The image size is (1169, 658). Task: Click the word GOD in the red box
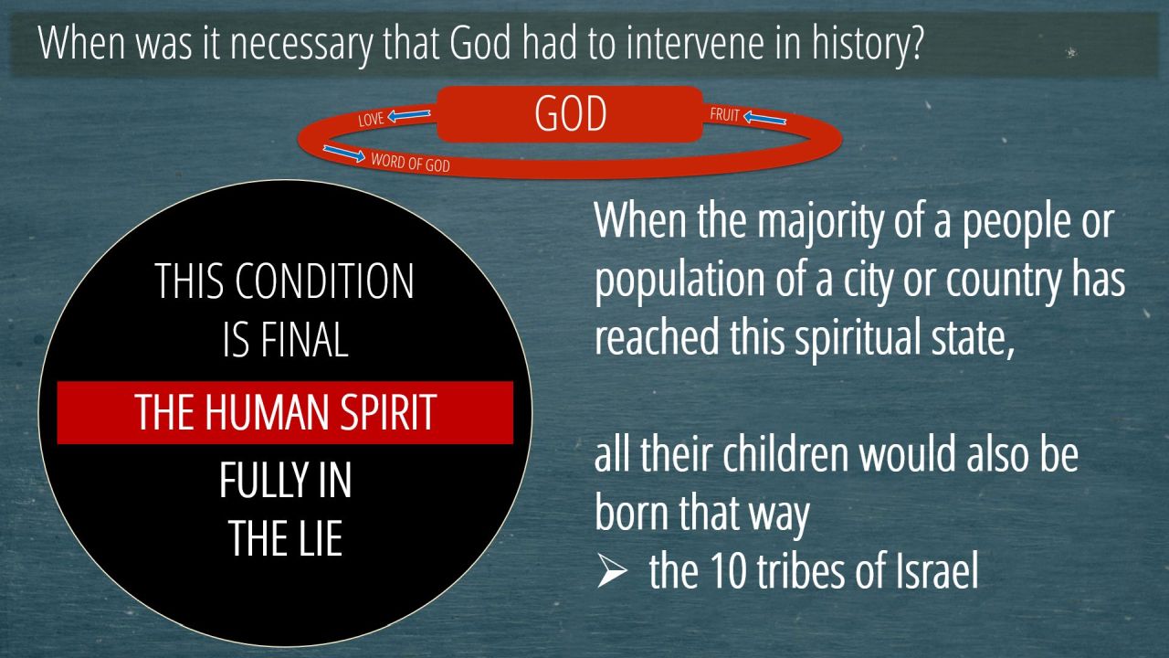click(x=571, y=113)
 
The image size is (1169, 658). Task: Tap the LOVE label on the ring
click(x=371, y=119)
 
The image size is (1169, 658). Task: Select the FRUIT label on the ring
click(x=724, y=114)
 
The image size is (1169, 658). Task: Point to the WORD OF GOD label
click(x=410, y=163)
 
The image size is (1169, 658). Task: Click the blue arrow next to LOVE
click(x=409, y=114)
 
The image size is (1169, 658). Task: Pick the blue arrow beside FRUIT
click(x=764, y=118)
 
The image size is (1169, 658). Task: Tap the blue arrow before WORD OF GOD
click(x=344, y=153)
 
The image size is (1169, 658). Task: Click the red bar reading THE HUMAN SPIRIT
click(x=285, y=412)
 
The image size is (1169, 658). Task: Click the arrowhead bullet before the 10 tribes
click(x=612, y=570)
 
